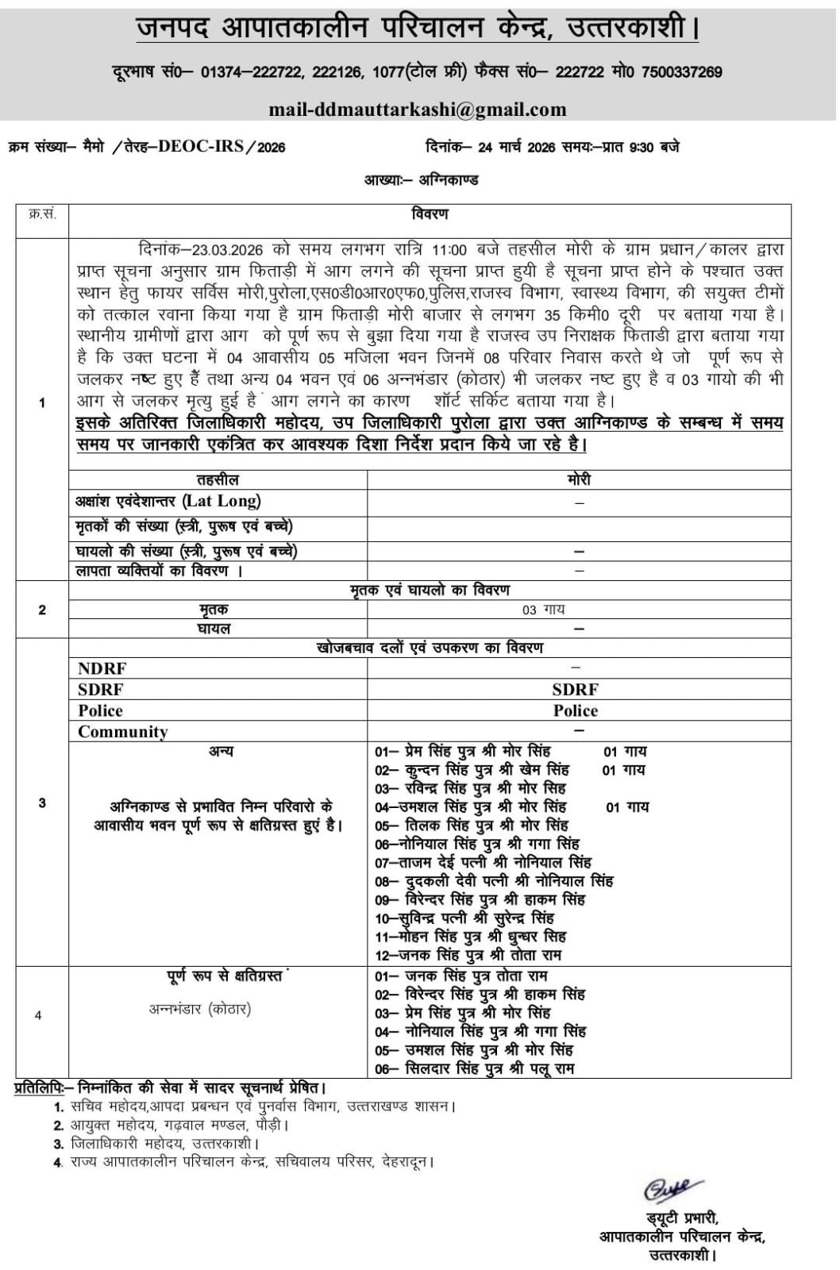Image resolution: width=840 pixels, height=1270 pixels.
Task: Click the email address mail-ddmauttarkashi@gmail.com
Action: [x=418, y=110]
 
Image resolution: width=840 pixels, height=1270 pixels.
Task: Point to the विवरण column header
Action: [x=430, y=214]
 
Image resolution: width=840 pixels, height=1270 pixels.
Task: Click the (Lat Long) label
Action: [x=222, y=501]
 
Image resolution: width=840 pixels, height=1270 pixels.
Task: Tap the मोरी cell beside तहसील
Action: [x=579, y=480]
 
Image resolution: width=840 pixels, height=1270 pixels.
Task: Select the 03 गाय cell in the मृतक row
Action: [x=543, y=610]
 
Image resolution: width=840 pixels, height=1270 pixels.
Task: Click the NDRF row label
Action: [x=102, y=669]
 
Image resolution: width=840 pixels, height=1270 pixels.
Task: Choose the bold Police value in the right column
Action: [x=576, y=710]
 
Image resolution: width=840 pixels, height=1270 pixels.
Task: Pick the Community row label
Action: [x=123, y=732]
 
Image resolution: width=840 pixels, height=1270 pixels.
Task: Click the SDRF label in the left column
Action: [x=100, y=690]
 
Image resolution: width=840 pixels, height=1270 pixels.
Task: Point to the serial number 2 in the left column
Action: [x=42, y=610]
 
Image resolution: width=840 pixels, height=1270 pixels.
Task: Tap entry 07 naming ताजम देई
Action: [x=483, y=862]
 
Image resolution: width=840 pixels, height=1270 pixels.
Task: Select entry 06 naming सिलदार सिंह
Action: [x=475, y=1068]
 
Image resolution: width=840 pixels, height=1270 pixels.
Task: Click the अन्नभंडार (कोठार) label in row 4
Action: [x=199, y=1009]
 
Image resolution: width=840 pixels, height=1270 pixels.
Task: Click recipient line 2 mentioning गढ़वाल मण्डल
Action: [x=171, y=1125]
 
